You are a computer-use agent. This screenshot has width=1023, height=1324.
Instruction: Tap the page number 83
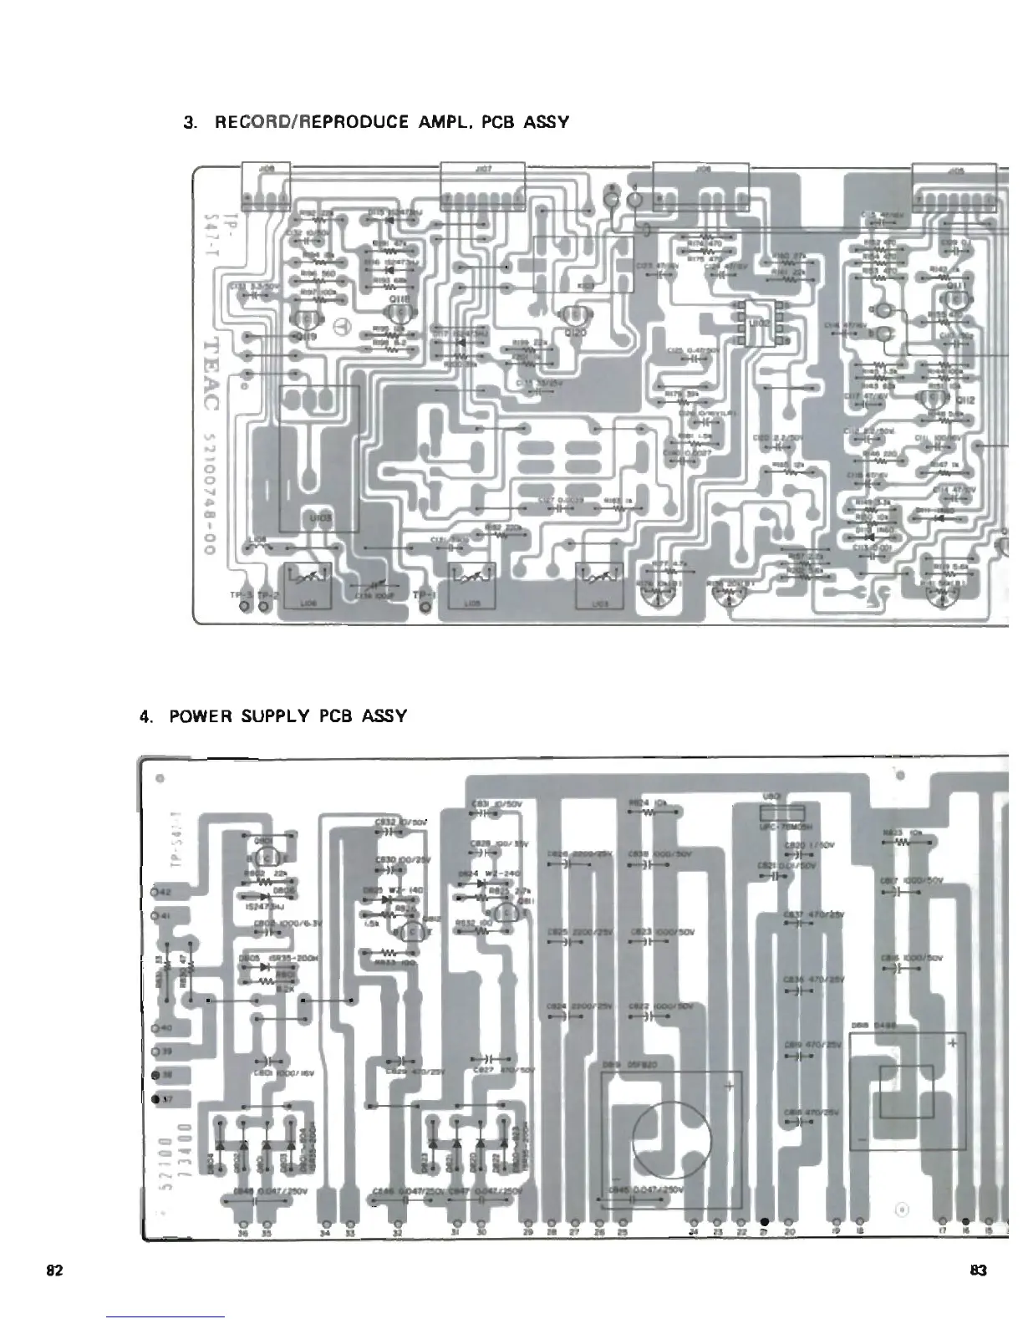pyautogui.click(x=979, y=1270)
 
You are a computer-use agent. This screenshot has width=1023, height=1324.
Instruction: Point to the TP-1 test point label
pyautogui.click(x=425, y=594)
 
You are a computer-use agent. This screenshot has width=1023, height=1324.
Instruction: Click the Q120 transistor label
pyautogui.click(x=576, y=333)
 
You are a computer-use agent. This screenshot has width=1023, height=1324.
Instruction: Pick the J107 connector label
pyautogui.click(x=481, y=168)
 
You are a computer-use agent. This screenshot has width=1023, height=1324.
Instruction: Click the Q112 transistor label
pyautogui.click(x=965, y=400)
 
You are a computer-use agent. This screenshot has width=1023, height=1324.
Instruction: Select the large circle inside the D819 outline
pyautogui.click(x=672, y=1139)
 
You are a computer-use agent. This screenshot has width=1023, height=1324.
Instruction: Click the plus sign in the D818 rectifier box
pyautogui.click(x=952, y=1043)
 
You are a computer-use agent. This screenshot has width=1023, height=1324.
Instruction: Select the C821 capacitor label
pyautogui.click(x=769, y=866)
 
